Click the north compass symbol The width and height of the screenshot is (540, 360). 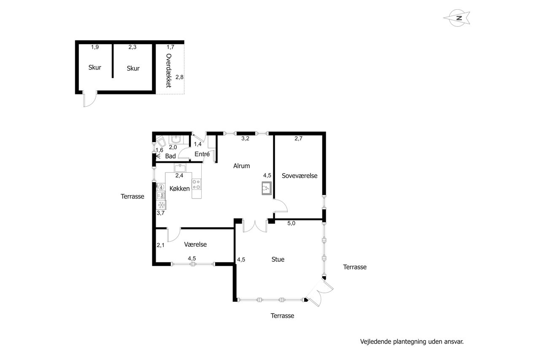pos(457,18)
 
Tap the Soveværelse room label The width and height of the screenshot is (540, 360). pos(300,176)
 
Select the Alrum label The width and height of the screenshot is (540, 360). pos(241,166)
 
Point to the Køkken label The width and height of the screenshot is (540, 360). pos(179,188)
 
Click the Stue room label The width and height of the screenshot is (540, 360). pos(278,259)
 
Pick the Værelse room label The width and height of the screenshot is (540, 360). pos(195,244)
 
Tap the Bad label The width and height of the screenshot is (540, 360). pos(170,156)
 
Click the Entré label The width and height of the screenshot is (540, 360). pos(202,154)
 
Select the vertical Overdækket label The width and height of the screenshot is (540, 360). pos(169,70)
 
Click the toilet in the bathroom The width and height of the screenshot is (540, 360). pos(161,142)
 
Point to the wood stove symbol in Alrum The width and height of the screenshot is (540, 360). pos(267,188)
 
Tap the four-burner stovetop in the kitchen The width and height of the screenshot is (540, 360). pos(197,184)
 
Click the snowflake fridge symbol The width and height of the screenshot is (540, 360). pos(161,205)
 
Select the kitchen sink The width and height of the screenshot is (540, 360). pos(180,168)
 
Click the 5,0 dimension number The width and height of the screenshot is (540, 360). pos(291,223)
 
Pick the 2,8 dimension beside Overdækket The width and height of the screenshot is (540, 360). pos(179,77)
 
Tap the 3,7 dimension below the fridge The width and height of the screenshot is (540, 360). pos(161,213)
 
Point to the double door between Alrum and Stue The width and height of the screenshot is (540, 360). pos(255,226)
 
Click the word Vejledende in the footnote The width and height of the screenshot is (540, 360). pos(376,342)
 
